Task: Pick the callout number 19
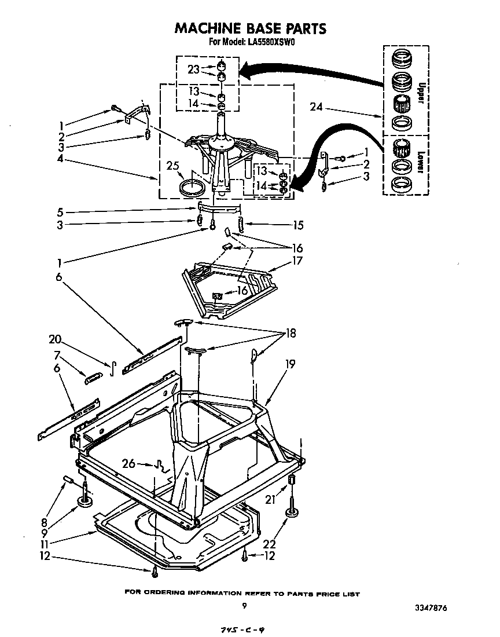pyautogui.click(x=290, y=364)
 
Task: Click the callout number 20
pyautogui.click(x=56, y=340)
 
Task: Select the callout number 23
pyautogui.click(x=194, y=69)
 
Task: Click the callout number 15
pyautogui.click(x=298, y=225)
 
